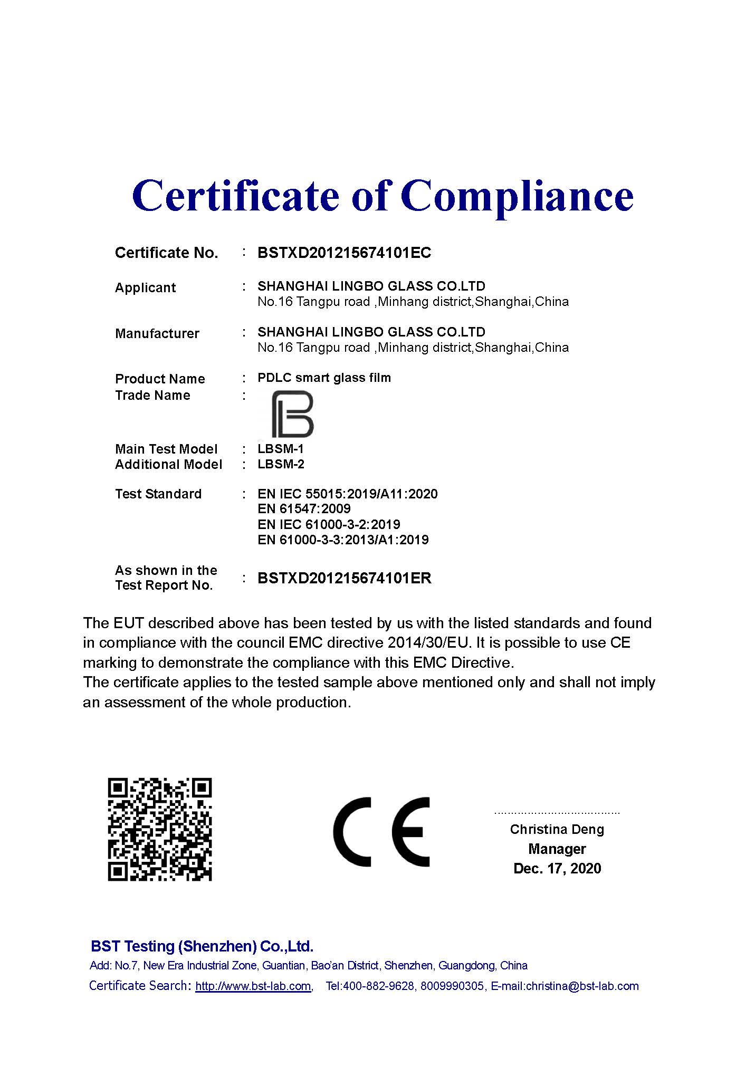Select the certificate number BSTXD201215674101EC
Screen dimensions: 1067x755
(344, 253)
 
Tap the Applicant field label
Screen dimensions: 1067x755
(145, 288)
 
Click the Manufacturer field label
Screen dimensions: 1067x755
(157, 334)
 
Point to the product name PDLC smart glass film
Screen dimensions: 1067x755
(324, 378)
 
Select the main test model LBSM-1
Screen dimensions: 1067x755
(281, 449)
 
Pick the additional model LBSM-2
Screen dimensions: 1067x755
(281, 465)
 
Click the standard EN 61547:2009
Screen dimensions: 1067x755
(304, 509)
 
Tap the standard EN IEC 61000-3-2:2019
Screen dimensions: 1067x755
(329, 525)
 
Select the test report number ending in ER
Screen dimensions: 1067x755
(344, 579)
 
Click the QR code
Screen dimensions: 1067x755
(159, 829)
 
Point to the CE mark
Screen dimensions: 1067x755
(381, 831)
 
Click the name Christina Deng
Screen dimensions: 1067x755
(557, 830)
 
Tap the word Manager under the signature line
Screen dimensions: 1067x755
(557, 849)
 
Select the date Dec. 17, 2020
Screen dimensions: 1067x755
(557, 869)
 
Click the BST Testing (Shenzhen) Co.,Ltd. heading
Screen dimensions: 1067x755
(202, 946)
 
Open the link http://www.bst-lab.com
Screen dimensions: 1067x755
(253, 986)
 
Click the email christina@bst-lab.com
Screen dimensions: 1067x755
(582, 986)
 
